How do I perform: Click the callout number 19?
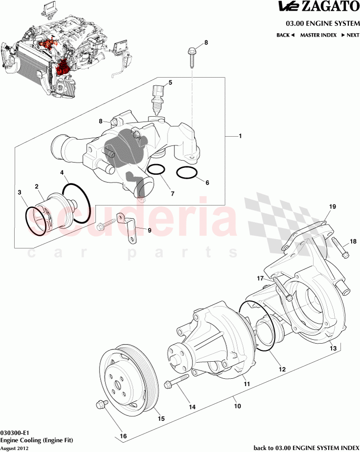click(x=332, y=207)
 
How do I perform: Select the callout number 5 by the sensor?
click(x=170, y=82)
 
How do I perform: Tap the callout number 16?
click(x=123, y=436)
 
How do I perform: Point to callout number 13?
click(x=333, y=349)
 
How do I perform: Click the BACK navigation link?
click(x=285, y=35)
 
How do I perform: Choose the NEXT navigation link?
click(x=350, y=35)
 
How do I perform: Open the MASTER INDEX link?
click(x=318, y=35)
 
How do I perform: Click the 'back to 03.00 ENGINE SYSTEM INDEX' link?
click(x=306, y=447)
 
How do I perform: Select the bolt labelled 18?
click(x=340, y=247)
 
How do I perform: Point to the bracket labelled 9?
click(x=128, y=227)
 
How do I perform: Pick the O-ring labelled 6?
click(x=186, y=173)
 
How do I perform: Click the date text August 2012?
click(x=15, y=448)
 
